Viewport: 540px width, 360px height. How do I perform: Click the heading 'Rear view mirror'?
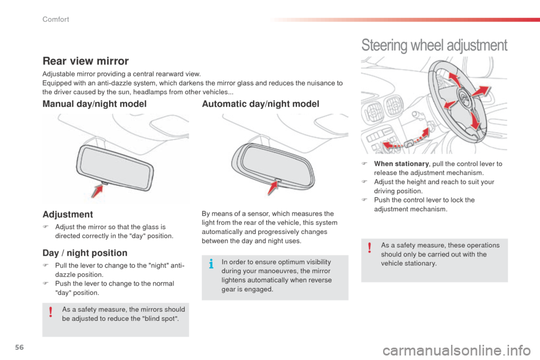[86, 61]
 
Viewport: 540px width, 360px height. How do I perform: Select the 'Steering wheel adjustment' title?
[434, 44]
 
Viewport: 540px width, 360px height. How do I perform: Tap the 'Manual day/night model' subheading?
[94, 104]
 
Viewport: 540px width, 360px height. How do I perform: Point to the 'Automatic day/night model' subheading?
[260, 104]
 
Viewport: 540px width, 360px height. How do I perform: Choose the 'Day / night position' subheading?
[85, 254]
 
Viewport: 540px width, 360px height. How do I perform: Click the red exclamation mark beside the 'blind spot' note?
[51, 313]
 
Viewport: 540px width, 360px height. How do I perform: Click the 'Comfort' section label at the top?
[55, 20]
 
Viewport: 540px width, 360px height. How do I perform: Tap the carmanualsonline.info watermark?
[477, 353]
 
